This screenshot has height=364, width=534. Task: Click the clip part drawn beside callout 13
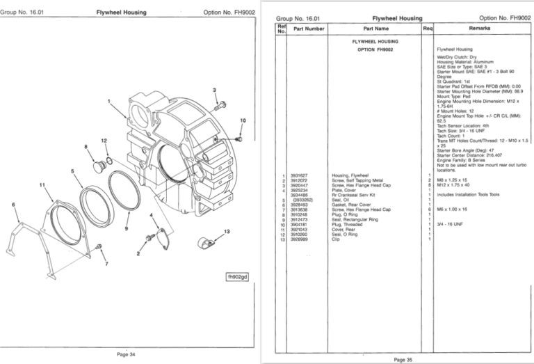coord(206,243)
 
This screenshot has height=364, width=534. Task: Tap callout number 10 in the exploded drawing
coord(243,120)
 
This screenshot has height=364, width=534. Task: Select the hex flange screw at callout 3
coord(221,106)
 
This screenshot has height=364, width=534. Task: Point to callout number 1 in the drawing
coord(109,102)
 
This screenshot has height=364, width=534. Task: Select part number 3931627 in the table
coord(300,175)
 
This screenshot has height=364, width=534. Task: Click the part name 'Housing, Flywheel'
coord(350,175)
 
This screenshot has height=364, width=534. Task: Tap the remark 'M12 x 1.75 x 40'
coord(453,185)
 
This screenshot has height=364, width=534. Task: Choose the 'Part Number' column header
coord(309,29)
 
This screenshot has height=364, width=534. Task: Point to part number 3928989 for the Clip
coord(300,239)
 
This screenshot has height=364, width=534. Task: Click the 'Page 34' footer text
coord(126,355)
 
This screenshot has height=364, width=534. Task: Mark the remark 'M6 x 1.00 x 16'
coord(452,209)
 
